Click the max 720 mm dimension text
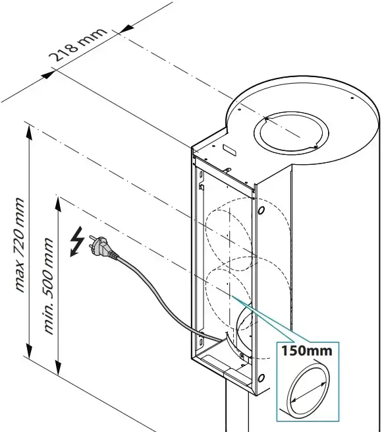point(20,245)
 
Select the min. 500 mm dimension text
point(49,286)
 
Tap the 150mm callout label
point(307,351)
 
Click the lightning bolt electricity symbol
point(77,241)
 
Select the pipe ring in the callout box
point(308,389)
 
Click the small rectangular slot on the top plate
point(229,150)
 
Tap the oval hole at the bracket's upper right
point(261,210)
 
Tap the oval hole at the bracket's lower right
point(261,378)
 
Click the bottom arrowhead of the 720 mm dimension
point(29,350)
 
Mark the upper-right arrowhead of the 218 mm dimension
point(126,28)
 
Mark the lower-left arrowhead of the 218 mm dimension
point(48,75)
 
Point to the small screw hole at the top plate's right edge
point(352,98)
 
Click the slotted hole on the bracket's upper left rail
point(201,174)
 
